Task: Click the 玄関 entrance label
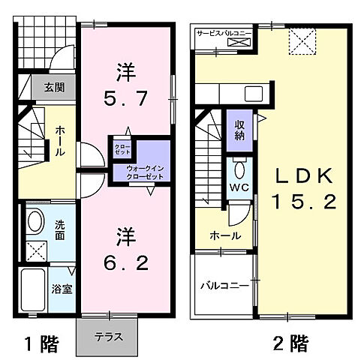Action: point(53,87)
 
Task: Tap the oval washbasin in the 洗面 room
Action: point(33,221)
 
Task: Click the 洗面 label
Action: point(60,229)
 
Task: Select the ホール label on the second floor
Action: point(225,235)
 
